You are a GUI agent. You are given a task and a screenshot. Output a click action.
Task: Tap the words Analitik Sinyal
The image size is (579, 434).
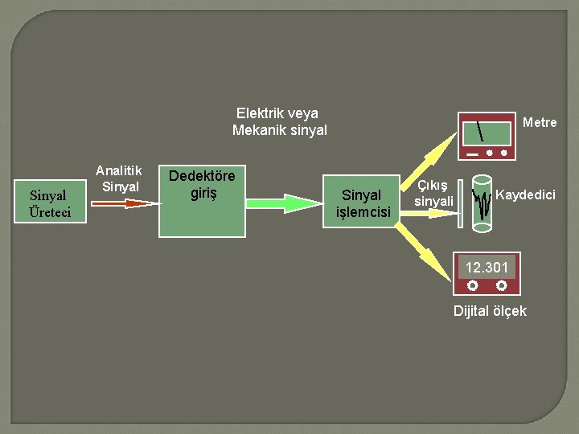[118, 178]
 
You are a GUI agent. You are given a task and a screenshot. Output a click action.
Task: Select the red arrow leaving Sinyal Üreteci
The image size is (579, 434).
[121, 203]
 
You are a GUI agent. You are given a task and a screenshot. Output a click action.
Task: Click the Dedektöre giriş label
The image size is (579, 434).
[201, 184]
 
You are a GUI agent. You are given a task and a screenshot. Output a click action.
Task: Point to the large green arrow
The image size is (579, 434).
[273, 203]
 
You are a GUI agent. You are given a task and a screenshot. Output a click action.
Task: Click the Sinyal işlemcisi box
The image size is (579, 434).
[362, 203]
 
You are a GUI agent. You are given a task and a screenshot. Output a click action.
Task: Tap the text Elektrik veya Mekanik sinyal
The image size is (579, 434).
[278, 121]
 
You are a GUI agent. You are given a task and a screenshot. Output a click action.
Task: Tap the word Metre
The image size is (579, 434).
[540, 123]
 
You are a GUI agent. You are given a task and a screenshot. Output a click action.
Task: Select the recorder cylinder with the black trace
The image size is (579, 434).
[482, 203]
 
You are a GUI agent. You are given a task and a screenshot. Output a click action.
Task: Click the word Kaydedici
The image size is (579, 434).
[525, 194]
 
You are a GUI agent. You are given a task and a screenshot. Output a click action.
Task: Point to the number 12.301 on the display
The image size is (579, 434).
[487, 265]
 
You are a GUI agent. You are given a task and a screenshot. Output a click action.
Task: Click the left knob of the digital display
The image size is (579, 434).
[472, 285]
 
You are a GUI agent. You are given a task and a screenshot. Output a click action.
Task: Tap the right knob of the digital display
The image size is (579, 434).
[501, 285]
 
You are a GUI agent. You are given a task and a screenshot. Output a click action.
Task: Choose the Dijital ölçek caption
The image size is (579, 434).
[490, 311]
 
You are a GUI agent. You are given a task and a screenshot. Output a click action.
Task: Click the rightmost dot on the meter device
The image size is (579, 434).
[504, 152]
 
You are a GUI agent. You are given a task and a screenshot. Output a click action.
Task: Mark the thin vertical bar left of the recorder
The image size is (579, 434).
[462, 203]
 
